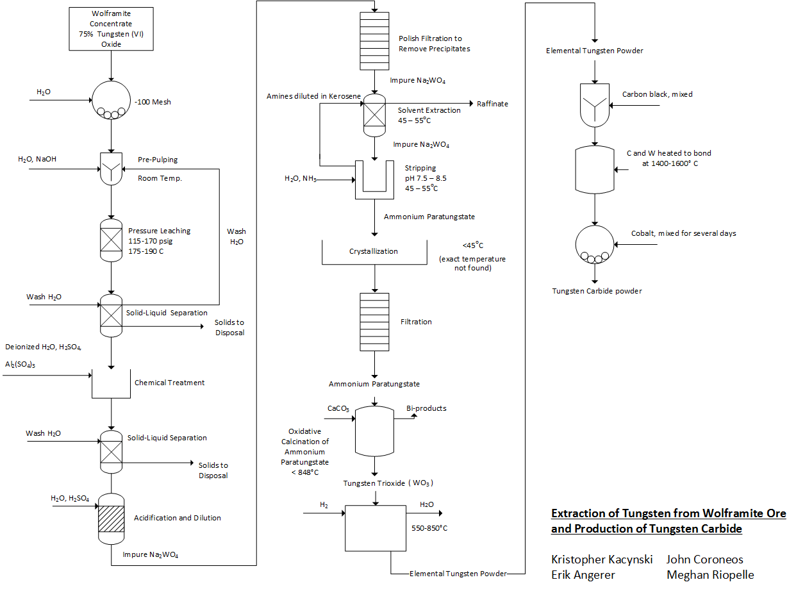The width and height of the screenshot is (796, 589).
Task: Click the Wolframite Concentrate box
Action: point(111,29)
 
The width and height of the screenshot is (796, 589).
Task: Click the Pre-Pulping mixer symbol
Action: point(112,168)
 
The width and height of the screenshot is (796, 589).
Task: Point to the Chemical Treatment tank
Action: point(112,383)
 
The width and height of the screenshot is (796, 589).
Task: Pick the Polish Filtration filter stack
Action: point(374,40)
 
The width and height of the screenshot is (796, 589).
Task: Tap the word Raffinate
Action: point(492,104)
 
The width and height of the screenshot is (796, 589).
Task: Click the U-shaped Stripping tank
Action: point(374,180)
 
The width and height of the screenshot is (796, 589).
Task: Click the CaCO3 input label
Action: point(338,408)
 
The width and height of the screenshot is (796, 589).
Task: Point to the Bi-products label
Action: point(426,408)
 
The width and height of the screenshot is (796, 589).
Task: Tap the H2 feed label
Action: point(324,505)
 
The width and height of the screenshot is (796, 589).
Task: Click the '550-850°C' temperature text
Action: point(429,528)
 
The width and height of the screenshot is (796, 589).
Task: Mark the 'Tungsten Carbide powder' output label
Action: point(597,291)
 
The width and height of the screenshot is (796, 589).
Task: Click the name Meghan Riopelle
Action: point(710,575)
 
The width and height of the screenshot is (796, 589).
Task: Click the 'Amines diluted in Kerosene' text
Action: point(313,96)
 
